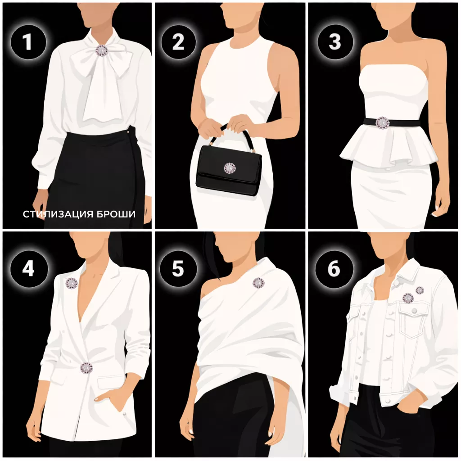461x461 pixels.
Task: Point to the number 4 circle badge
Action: [x=28, y=268]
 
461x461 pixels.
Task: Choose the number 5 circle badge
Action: [x=178, y=268]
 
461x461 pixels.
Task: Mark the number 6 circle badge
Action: [x=334, y=268]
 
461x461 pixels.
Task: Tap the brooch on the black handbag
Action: [x=229, y=168]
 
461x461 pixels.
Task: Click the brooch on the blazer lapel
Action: [x=71, y=284]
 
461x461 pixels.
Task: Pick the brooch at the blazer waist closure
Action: [x=86, y=367]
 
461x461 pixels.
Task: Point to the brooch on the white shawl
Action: [x=258, y=283]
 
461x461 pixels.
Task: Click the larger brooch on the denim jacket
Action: [x=408, y=298]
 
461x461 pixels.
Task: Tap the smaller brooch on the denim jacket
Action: [x=419, y=290]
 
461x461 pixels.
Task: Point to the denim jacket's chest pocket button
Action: [x=414, y=311]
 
